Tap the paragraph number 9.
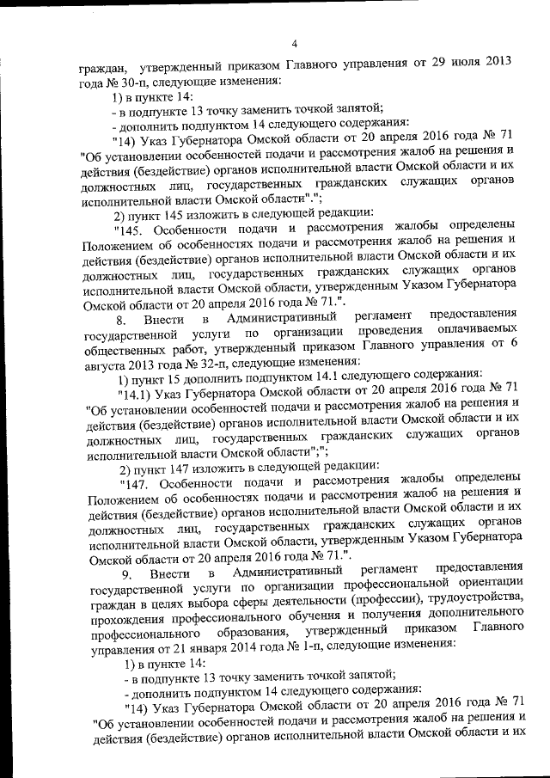(x=126, y=572)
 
